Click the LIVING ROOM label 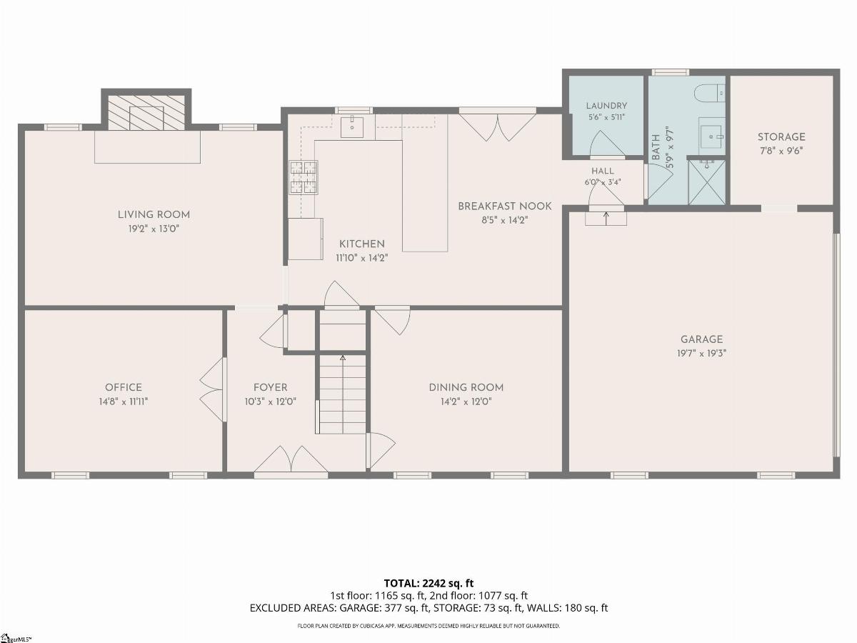[x=154, y=214]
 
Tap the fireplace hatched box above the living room [x=146, y=112]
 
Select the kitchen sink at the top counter [x=352, y=127]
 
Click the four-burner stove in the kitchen [x=303, y=177]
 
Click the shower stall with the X [x=707, y=181]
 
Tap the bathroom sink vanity [x=712, y=136]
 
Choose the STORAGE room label [x=781, y=136]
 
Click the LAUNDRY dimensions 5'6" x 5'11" [x=606, y=116]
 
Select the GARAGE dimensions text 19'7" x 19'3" [x=701, y=354]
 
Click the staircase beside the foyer [x=342, y=394]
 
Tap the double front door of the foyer [x=291, y=460]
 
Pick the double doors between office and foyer [x=213, y=389]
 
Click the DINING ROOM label [x=466, y=387]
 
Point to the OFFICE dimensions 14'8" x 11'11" [x=124, y=402]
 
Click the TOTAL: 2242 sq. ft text [x=428, y=583]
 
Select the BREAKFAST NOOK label [x=505, y=206]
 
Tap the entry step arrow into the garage [x=606, y=218]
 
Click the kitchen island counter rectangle [x=425, y=183]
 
